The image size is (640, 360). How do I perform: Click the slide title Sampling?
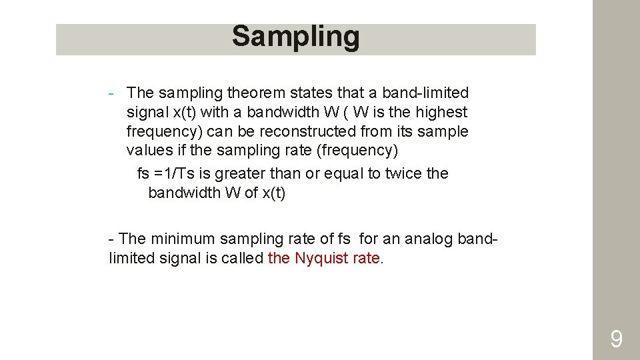pos(295,37)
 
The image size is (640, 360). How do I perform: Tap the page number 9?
pos(617,340)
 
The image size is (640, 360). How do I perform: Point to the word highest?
pos(442,112)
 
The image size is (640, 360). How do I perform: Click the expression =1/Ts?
pos(174,173)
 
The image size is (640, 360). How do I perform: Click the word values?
pos(148,151)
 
